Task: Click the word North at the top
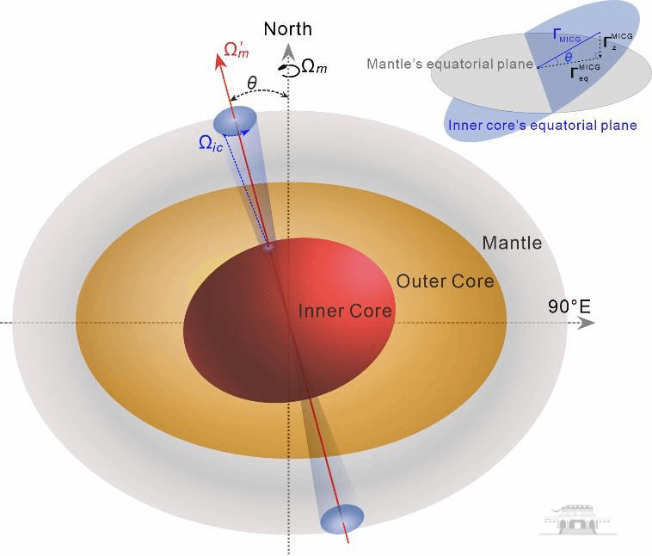tap(287, 28)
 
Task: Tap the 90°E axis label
tap(569, 306)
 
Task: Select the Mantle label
tap(512, 243)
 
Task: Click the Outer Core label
tap(445, 281)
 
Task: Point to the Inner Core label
tap(345, 311)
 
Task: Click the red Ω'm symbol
tap(237, 49)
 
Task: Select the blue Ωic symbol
tap(212, 143)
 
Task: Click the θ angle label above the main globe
tap(252, 83)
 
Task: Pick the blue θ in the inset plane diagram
tap(568, 58)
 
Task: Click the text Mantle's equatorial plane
tap(449, 65)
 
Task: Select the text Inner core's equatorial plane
tap(542, 126)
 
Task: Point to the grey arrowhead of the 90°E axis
tap(587, 323)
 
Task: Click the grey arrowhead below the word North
tap(288, 52)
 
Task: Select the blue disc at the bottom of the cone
tap(341, 518)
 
